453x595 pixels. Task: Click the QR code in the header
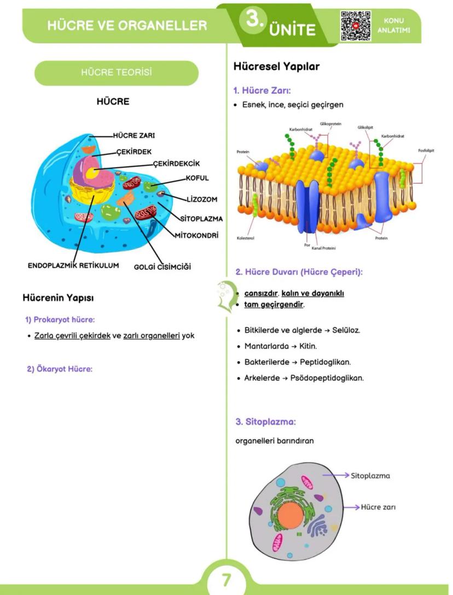coord(356,26)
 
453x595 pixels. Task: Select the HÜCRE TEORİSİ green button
coord(116,73)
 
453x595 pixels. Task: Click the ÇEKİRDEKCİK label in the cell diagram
coord(176,163)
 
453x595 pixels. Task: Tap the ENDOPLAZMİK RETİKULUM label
coord(73,266)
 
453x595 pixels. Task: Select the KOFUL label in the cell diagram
coord(197,178)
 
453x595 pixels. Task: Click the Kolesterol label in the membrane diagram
coord(246,238)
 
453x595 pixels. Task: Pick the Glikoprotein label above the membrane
coord(330,124)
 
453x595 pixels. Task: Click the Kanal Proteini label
coord(324,248)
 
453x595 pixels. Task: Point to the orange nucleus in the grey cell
coord(290,515)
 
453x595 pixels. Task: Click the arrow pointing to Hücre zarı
coord(345,507)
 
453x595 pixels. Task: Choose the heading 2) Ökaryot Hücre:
coord(60,369)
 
